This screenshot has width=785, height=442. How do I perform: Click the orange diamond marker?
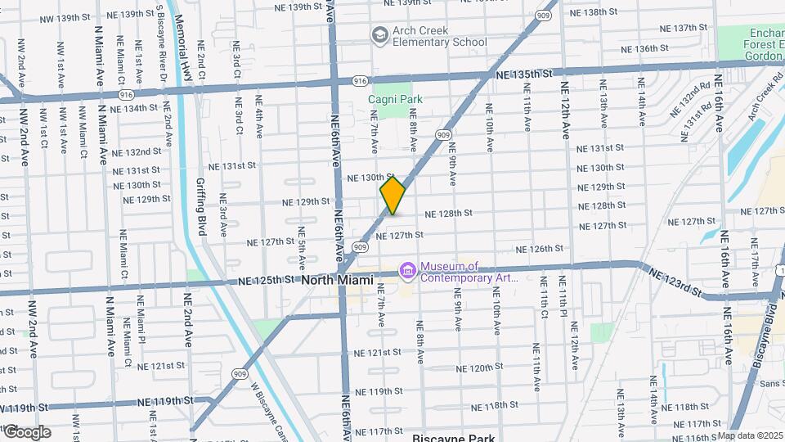pyautogui.click(x=392, y=196)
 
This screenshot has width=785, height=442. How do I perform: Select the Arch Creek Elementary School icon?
pyautogui.click(x=379, y=34)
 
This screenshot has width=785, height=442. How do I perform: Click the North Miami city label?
pyautogui.click(x=338, y=280)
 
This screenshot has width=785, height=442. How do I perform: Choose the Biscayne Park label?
pyautogui.click(x=453, y=437)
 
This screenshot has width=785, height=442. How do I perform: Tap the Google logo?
pyautogui.click(x=26, y=432)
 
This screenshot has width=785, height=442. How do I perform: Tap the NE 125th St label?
pyautogui.click(x=266, y=280)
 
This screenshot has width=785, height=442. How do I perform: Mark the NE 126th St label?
pyautogui.click(x=541, y=249)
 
